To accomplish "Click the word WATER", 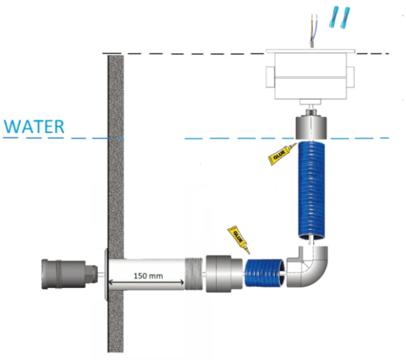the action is point(34,127).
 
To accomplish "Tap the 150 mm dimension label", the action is point(148,276).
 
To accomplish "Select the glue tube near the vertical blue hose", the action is point(282,154).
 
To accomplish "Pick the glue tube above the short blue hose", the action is point(238,240).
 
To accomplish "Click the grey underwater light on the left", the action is point(69,274).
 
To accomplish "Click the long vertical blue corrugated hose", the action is point(311,190).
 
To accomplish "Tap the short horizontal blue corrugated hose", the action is point(264,273).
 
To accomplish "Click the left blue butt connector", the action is point(334,17).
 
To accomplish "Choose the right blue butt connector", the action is point(345,18).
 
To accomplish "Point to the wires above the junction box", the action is point(313,30).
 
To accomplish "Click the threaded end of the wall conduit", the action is point(194,274).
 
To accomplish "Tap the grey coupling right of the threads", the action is point(224,274).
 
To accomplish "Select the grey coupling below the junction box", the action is point(311,128).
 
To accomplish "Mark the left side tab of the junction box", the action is point(270,77).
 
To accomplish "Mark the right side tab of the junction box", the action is point(350,77).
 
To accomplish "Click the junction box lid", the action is point(310,51).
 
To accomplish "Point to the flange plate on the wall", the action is point(106,275).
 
